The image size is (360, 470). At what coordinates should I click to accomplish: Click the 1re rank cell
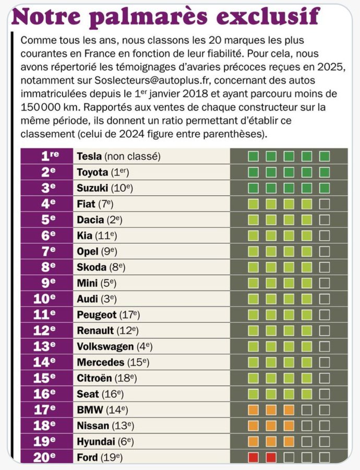click(47, 156)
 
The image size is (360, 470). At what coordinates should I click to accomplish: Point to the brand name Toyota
click(92, 172)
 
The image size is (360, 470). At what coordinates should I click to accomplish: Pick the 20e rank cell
click(47, 458)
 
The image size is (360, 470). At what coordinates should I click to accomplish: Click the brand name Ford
click(87, 458)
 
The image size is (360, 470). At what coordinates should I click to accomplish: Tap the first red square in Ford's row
click(254, 458)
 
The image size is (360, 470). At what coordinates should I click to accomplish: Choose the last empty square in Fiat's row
click(325, 204)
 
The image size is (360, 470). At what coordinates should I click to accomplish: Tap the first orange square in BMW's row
click(254, 410)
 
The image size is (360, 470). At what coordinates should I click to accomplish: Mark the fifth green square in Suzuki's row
click(325, 187)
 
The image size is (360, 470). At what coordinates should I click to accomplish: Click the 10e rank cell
click(47, 299)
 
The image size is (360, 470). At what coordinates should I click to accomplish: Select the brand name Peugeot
click(97, 315)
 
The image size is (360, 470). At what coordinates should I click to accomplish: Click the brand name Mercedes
click(100, 362)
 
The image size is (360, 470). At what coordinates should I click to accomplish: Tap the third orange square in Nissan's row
click(289, 426)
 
